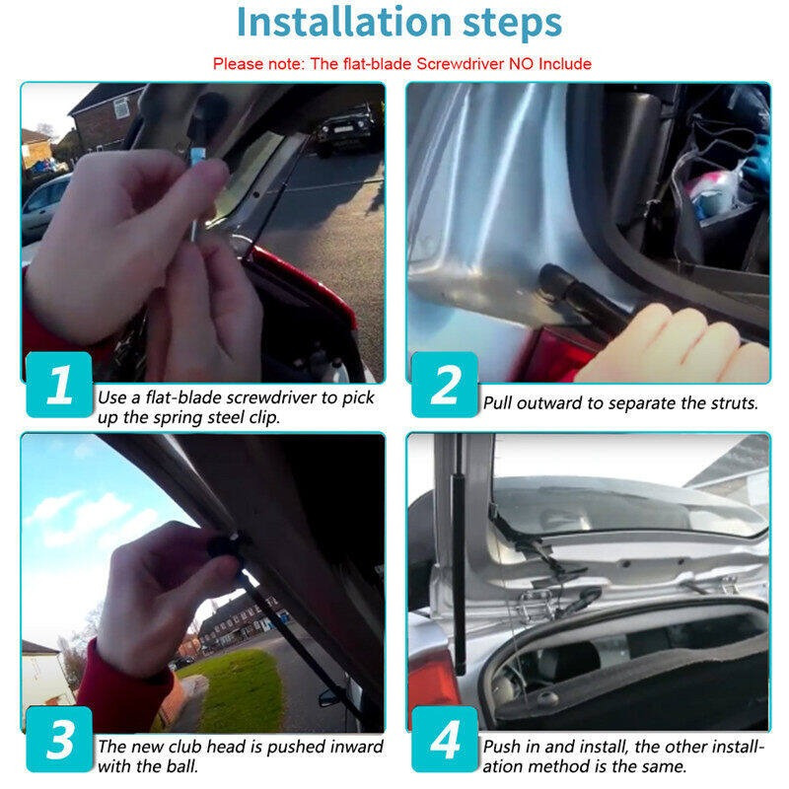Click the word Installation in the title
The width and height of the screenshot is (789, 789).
pyautogui.click(x=343, y=22)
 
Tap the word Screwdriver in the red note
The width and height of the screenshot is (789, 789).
pyautogui.click(x=460, y=64)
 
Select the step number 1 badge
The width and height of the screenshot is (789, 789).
pyautogui.click(x=59, y=385)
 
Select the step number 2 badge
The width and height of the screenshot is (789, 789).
pyautogui.click(x=445, y=385)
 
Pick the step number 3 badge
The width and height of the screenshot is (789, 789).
pyautogui.click(x=59, y=739)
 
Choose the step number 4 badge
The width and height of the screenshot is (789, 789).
pyautogui.click(x=445, y=739)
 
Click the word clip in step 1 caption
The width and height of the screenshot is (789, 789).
pyautogui.click(x=263, y=417)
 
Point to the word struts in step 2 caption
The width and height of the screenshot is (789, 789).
pyautogui.click(x=733, y=403)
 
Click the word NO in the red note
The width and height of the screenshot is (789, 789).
pyautogui.click(x=522, y=64)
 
